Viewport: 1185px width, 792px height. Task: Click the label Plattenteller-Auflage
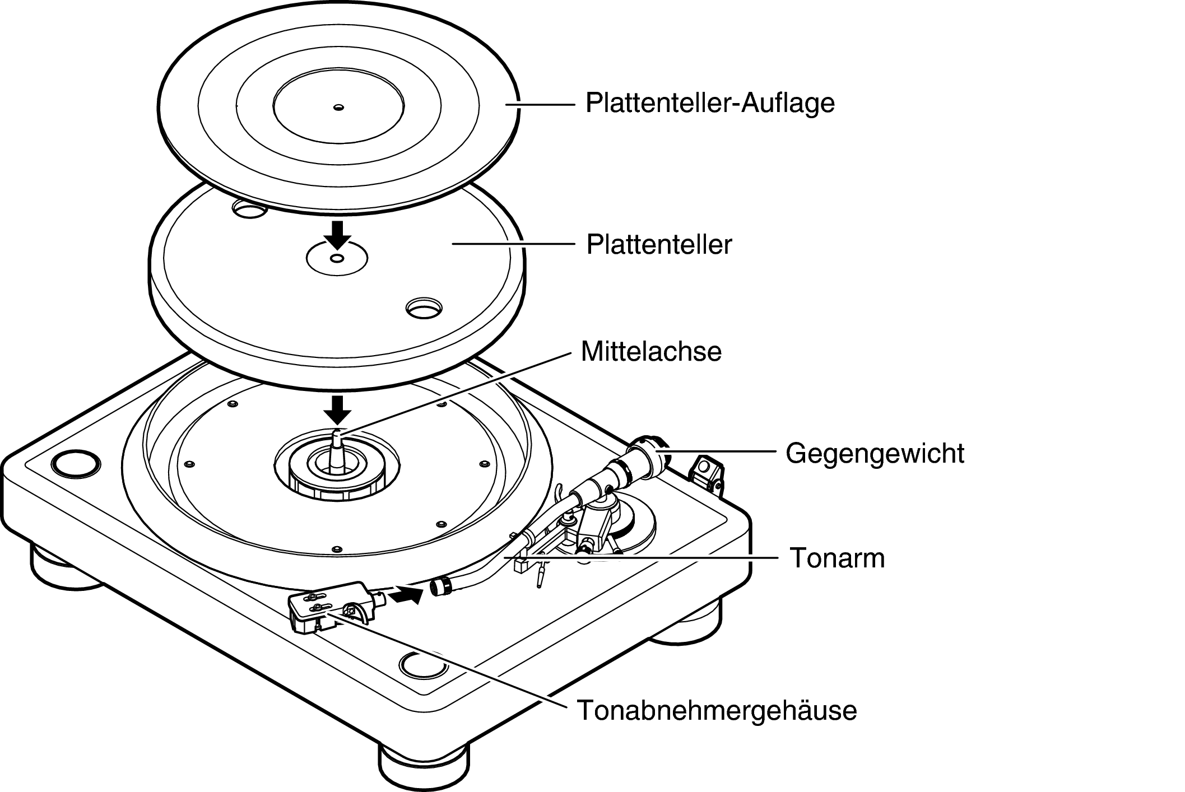[709, 104]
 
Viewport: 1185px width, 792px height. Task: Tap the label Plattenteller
[659, 245]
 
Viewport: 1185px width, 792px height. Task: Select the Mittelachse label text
[651, 352]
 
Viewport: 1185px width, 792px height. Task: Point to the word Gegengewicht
[874, 453]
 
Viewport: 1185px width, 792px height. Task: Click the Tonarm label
[837, 558]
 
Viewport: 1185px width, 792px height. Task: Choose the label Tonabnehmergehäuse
[717, 710]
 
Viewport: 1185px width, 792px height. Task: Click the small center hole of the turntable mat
[338, 108]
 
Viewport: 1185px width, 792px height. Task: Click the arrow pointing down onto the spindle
[337, 409]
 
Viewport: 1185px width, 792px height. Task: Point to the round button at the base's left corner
[76, 463]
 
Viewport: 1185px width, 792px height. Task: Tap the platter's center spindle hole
[337, 258]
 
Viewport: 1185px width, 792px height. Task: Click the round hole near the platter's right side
[424, 307]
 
